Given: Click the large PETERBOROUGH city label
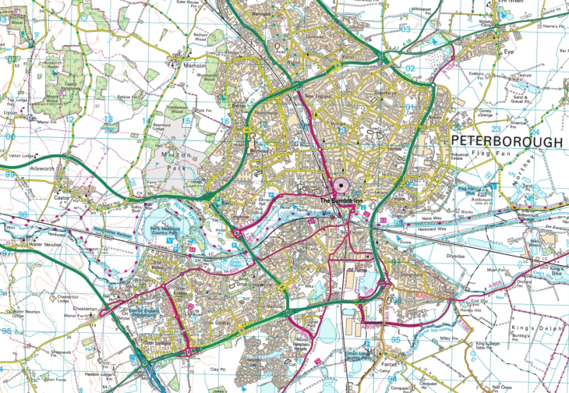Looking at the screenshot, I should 505,142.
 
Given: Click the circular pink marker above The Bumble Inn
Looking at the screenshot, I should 341,186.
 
